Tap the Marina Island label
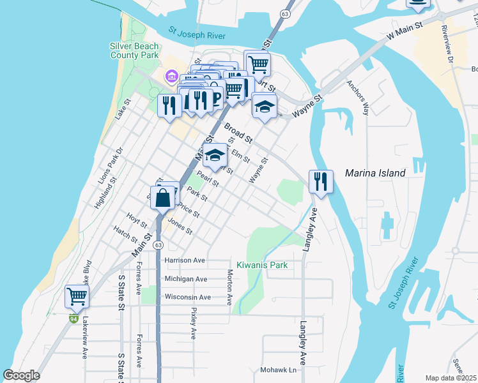click(x=375, y=173)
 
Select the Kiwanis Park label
click(x=262, y=265)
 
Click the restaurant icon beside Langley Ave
click(x=321, y=182)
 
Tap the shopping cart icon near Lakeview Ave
click(x=77, y=296)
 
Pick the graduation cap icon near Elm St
click(x=216, y=155)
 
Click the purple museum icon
click(x=171, y=77)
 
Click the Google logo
click(x=21, y=375)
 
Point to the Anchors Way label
click(x=358, y=98)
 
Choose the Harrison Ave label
click(x=185, y=260)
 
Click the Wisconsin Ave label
click(x=187, y=297)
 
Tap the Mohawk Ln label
click(x=279, y=370)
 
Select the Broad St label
click(x=238, y=132)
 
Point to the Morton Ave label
click(x=229, y=287)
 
